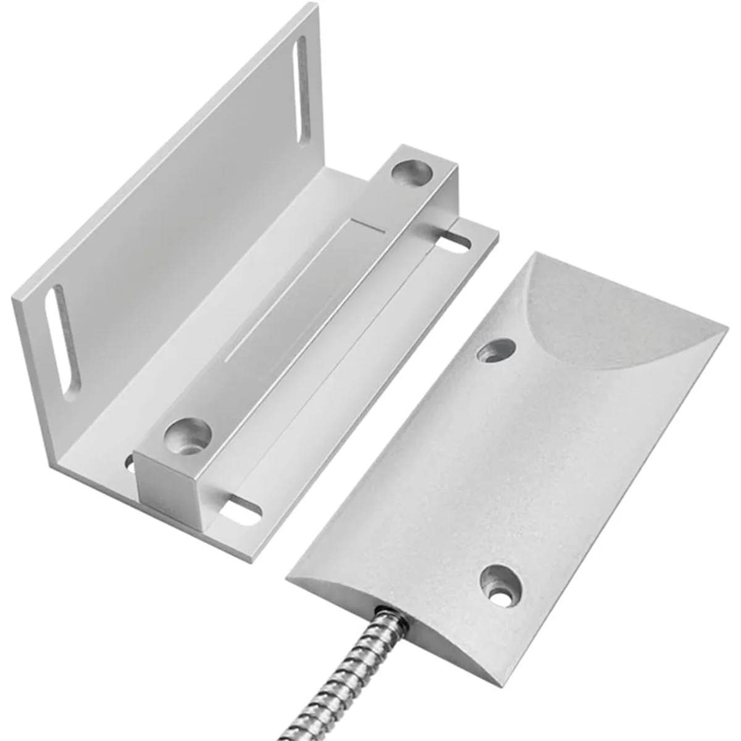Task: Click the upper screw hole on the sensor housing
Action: click(x=498, y=350)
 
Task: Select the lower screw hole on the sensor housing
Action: click(x=499, y=580)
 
